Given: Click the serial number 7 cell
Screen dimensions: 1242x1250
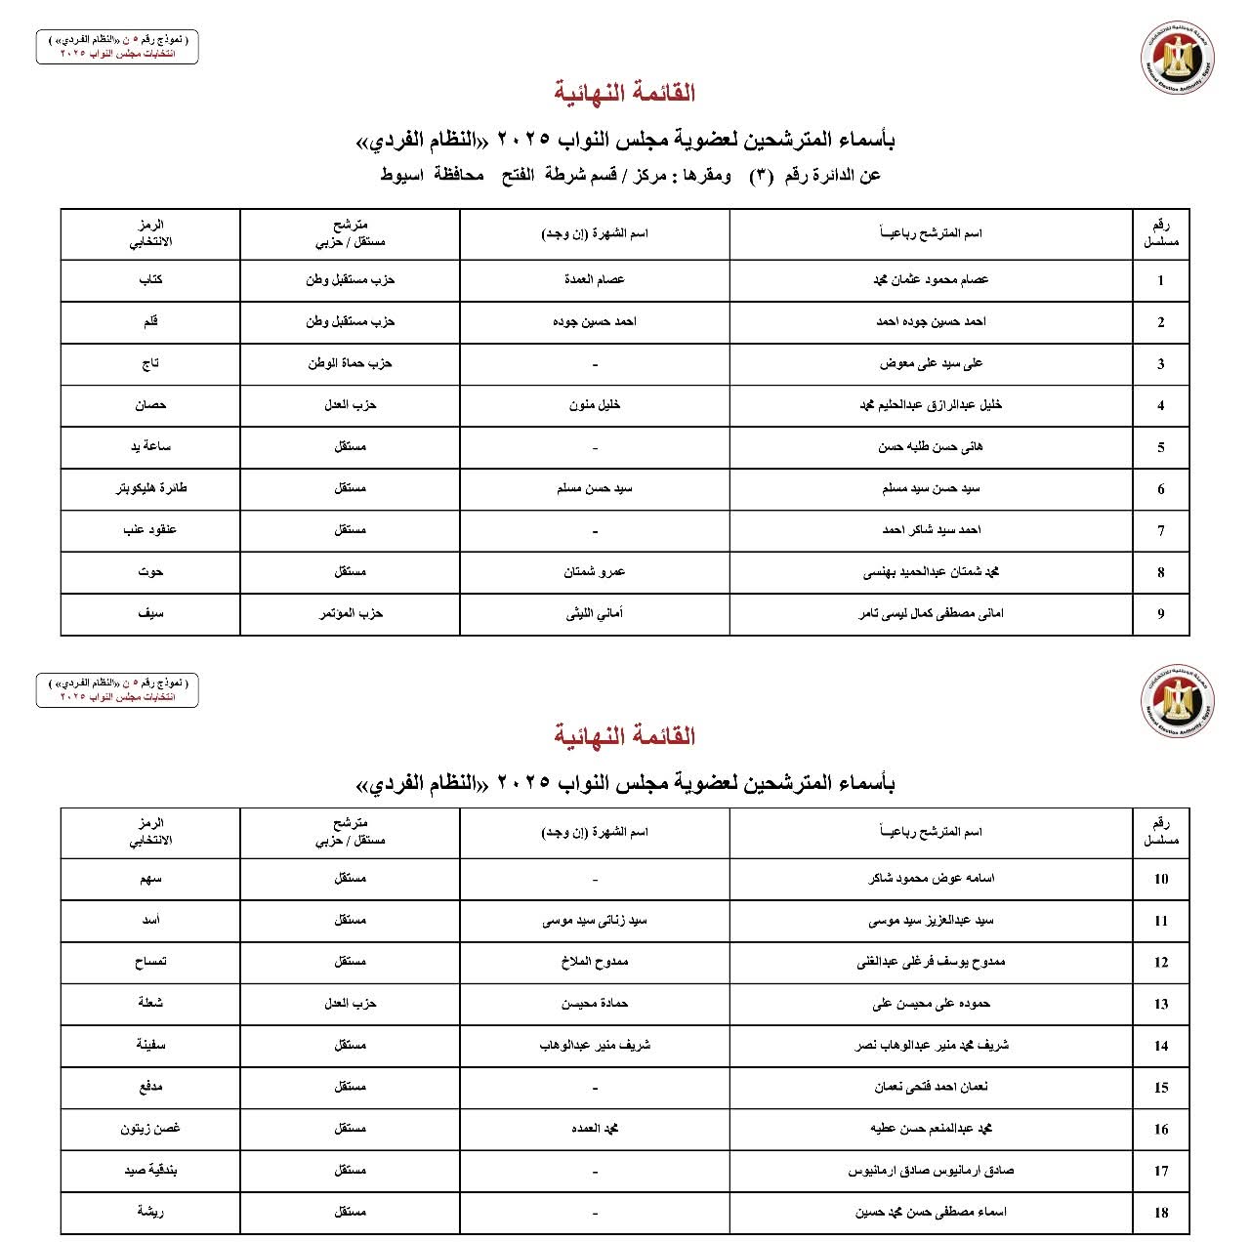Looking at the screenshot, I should (x=1160, y=530).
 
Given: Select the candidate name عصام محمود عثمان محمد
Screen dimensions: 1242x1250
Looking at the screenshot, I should (x=931, y=279).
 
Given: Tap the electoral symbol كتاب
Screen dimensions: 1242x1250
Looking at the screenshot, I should (x=150, y=279).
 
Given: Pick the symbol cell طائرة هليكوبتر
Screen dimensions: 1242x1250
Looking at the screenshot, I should (x=150, y=488).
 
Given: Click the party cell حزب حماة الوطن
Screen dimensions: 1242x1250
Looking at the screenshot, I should (x=350, y=363).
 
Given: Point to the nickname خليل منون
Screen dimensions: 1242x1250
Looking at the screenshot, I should (x=595, y=405).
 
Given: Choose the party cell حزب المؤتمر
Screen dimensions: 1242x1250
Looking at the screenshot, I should (x=350, y=613).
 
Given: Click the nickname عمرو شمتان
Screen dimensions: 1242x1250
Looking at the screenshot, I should (x=595, y=572).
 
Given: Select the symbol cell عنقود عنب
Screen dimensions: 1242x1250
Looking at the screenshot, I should (x=150, y=530).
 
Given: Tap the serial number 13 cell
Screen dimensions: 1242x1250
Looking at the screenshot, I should (x=1160, y=1004).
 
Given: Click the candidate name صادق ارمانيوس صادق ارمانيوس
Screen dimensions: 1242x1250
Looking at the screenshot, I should (x=931, y=1170).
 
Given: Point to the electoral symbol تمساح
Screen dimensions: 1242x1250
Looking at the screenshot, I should (x=150, y=962).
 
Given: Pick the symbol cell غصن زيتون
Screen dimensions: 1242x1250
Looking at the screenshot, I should (x=150, y=1129).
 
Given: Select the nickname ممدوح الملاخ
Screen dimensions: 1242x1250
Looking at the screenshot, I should (x=595, y=962).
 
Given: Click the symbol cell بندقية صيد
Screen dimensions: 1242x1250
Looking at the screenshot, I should (x=150, y=1170).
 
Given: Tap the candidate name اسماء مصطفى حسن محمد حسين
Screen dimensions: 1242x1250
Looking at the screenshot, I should (x=931, y=1212).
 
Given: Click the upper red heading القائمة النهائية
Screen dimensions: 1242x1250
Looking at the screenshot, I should (x=625, y=93).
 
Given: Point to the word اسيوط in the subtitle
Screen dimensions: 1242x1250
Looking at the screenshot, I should (x=400, y=176).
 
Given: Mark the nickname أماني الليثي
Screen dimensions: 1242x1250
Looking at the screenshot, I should (x=595, y=613).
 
